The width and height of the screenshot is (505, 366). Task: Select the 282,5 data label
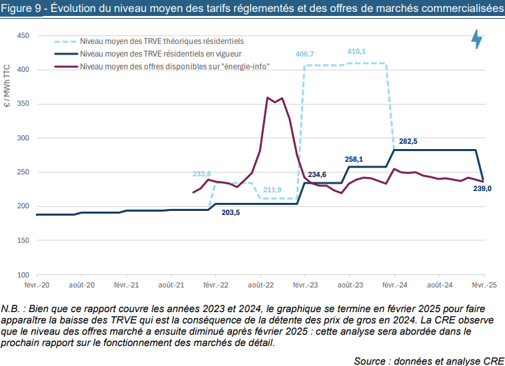(x=408, y=142)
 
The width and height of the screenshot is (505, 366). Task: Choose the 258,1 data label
(x=354, y=160)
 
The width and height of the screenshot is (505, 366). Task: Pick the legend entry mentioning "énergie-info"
(x=174, y=66)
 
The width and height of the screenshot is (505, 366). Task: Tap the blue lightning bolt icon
(x=477, y=39)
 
